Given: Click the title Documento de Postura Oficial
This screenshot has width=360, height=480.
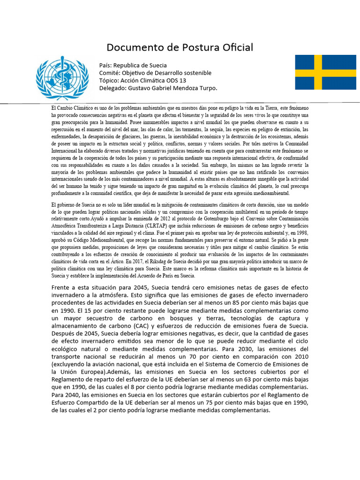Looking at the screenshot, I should (x=180, y=47).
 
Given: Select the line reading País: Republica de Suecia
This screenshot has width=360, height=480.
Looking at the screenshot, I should (x=133, y=65).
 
